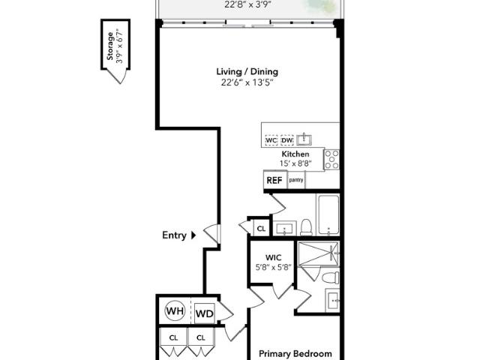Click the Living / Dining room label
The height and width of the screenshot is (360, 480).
(247, 72)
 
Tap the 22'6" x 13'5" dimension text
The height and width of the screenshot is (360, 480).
(247, 82)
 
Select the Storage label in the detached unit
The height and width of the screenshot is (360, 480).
(110, 46)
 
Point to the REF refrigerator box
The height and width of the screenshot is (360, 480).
(275, 180)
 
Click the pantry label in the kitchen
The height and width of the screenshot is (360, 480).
(296, 180)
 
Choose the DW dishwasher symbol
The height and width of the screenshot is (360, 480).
(286, 140)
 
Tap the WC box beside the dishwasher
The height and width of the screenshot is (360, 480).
(271, 140)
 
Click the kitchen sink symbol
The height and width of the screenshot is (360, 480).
(304, 139)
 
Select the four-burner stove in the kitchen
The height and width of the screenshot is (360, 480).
(331, 160)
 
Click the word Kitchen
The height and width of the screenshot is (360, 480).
(295, 154)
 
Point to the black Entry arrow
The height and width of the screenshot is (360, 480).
(193, 235)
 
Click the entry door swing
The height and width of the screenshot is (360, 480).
(211, 234)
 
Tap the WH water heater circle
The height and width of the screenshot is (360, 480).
(175, 311)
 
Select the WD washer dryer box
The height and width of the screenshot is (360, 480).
(205, 313)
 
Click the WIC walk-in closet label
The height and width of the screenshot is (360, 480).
(273, 257)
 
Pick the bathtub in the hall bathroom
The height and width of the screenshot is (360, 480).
(328, 215)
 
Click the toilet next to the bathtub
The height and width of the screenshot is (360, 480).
(306, 227)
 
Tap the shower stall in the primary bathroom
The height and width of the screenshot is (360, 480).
(318, 253)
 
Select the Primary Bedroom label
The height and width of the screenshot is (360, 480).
(295, 354)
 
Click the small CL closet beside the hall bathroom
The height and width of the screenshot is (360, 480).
(261, 228)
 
